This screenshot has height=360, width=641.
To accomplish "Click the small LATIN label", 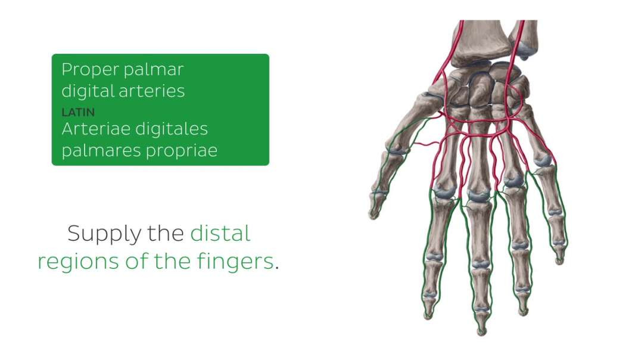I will point(78,111).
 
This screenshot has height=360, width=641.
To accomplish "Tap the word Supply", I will point(105,234).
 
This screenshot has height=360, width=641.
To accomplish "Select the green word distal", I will point(220,233).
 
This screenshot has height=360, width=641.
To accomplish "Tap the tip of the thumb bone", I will point(374,214).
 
